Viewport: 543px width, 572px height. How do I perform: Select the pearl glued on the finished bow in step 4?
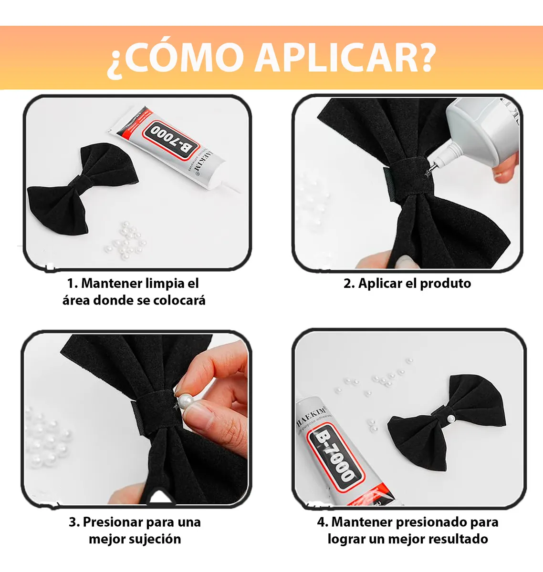coord(450,418)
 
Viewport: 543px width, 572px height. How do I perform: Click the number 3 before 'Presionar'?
coord(73,522)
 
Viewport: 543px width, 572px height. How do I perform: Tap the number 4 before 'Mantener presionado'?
coord(321,522)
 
